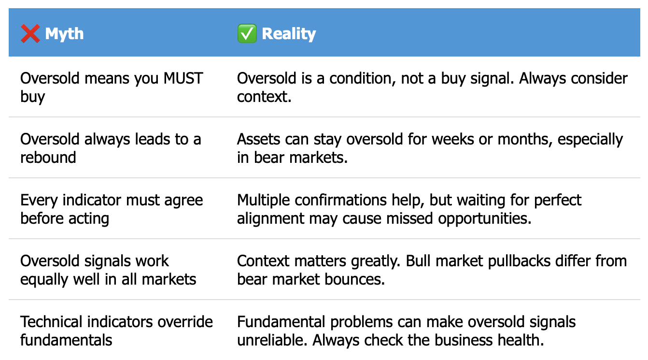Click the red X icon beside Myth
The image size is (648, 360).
pyautogui.click(x=30, y=34)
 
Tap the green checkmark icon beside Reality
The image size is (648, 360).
pyautogui.click(x=247, y=33)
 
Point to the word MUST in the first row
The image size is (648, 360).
pyautogui.click(x=183, y=78)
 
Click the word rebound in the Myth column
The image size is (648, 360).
pyautogui.click(x=48, y=158)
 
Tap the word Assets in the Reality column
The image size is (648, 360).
pyautogui.click(x=258, y=139)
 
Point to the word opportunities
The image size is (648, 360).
pyautogui.click(x=485, y=219)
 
